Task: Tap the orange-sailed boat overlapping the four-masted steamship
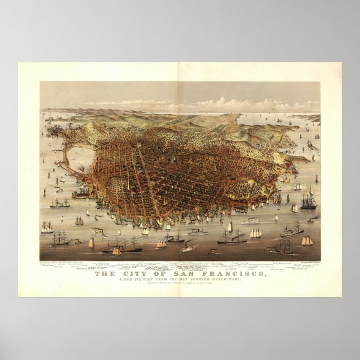click(116, 251)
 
